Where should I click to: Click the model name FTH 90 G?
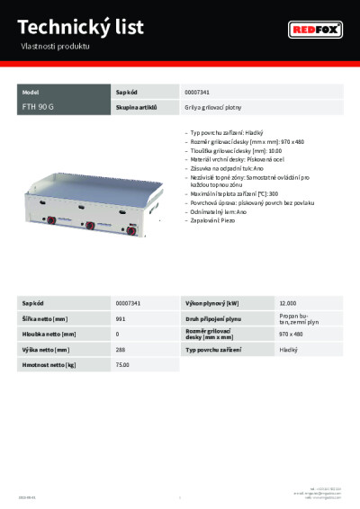point(38,106)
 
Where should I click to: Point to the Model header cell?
point(31,92)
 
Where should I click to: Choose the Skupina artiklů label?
point(137,106)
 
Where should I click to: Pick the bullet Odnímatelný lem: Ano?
point(216,212)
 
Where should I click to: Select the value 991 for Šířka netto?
point(121,318)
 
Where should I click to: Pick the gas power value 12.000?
point(288,303)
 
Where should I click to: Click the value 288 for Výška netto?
point(121,349)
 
